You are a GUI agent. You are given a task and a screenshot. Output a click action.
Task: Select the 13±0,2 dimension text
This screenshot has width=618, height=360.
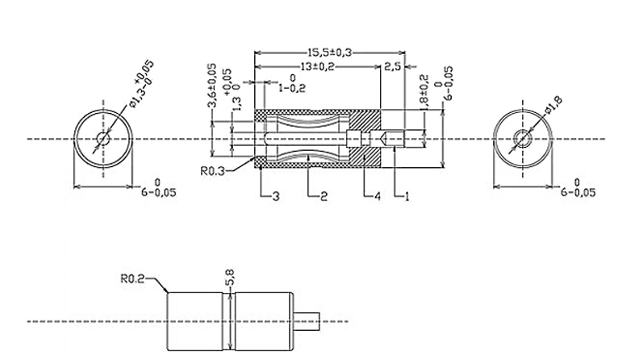click(318, 65)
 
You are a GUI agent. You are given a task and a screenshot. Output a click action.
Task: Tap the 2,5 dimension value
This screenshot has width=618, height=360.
click(393, 65)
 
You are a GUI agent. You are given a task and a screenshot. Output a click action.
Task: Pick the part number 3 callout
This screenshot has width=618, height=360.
click(275, 196)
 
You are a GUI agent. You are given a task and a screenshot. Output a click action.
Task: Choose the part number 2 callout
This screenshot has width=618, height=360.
click(323, 196)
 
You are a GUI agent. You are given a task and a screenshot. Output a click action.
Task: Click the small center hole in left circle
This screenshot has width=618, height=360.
click(102, 139)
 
